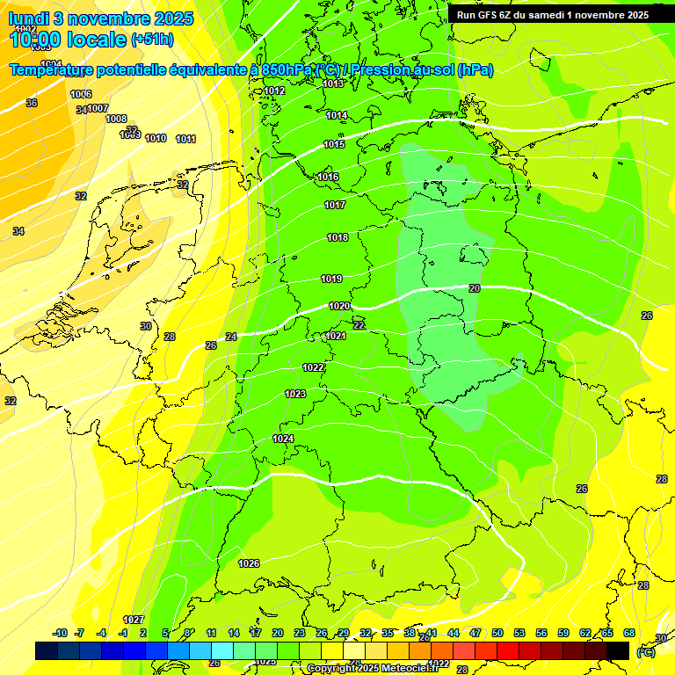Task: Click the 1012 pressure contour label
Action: pyautogui.click(x=274, y=91)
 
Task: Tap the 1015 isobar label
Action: pyautogui.click(x=334, y=144)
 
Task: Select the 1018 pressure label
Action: pyautogui.click(x=337, y=237)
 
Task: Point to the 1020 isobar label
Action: pyautogui.click(x=339, y=306)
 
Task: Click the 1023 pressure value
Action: pyautogui.click(x=295, y=394)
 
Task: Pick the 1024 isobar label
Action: pyautogui.click(x=283, y=439)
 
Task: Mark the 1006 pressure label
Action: pyautogui.click(x=81, y=94)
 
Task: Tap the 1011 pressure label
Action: pyautogui.click(x=185, y=139)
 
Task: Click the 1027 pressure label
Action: pyautogui.click(x=134, y=620)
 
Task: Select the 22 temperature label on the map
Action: pyautogui.click(x=359, y=325)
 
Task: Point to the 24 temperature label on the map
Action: pyautogui.click(x=231, y=337)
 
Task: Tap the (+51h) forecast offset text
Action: pyautogui.click(x=152, y=40)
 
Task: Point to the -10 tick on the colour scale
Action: pyautogui.click(x=61, y=633)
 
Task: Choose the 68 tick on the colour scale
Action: pyautogui.click(x=629, y=633)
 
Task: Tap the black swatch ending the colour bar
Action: pyautogui.click(x=618, y=650)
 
